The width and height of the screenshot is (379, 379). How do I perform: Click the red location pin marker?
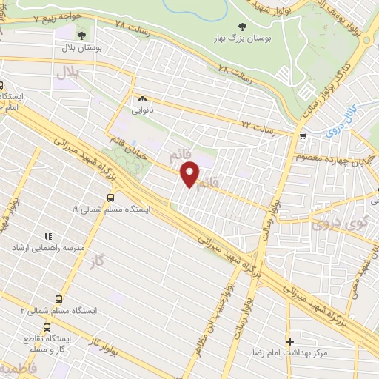[190, 174]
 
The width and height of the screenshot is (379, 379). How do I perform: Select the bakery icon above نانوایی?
[142, 98]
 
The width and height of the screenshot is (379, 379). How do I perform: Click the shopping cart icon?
[303, 136]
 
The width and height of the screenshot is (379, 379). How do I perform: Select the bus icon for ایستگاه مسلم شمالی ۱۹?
[110, 198]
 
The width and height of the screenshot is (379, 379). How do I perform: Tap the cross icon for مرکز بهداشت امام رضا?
[289, 342]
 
